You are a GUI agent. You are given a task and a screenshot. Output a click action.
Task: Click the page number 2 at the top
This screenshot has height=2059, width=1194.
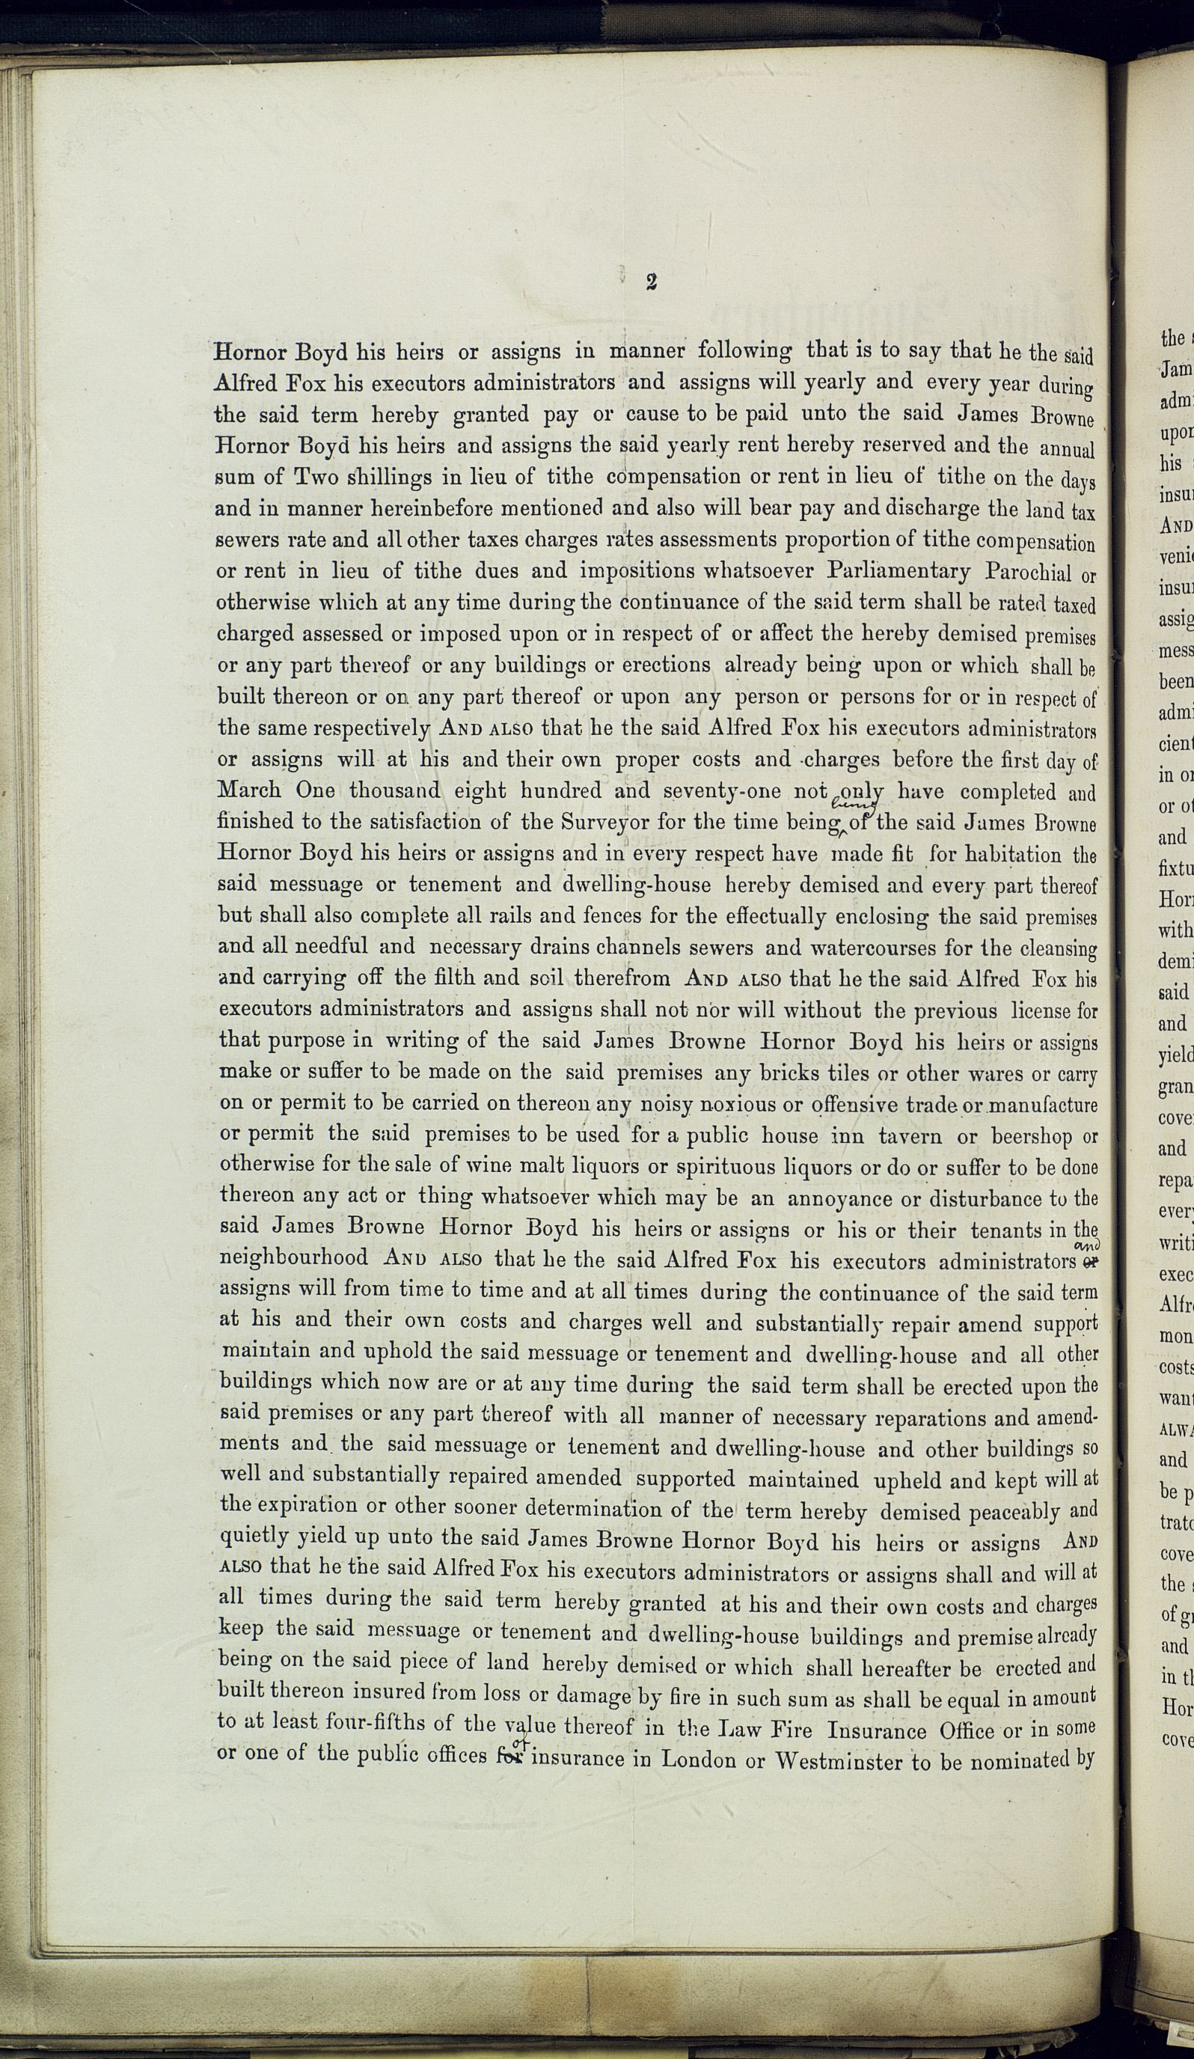[651, 283]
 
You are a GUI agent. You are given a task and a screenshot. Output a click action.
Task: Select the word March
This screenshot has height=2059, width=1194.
[250, 790]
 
